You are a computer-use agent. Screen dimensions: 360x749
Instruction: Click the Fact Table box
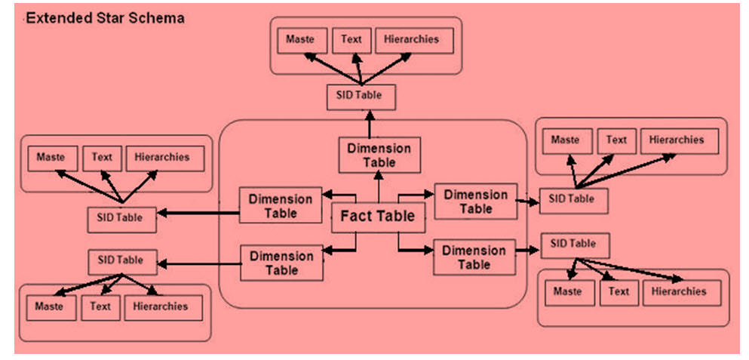coord(378,217)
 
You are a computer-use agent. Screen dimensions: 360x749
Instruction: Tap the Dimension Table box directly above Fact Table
coord(379,155)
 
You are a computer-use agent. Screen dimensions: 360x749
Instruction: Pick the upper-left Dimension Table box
coord(281,206)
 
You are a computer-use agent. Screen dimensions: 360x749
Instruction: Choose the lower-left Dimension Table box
coord(281,263)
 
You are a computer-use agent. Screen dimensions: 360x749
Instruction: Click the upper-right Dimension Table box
coord(476,202)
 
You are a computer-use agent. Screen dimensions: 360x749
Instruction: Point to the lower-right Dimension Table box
coord(474,257)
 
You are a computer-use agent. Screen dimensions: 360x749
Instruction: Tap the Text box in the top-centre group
coord(351,41)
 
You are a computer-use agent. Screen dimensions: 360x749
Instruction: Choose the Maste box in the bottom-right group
coord(568,292)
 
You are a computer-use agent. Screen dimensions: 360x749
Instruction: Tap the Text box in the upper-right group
coord(616,141)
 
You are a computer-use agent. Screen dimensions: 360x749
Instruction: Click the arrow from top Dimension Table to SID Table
coord(370,124)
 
